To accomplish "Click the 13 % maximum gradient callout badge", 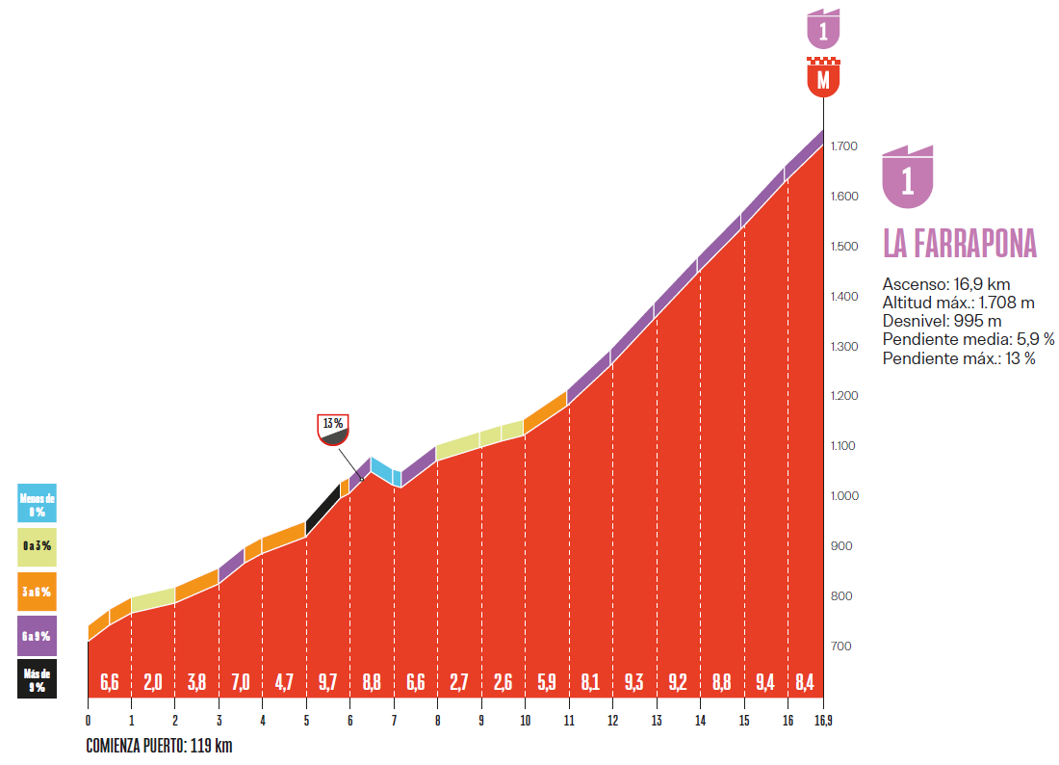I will click(333, 430).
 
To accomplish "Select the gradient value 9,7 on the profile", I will click(327, 683).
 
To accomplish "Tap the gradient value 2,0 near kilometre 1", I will click(152, 683).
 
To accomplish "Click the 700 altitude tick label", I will click(840, 646).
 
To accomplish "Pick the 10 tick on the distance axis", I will click(525, 720).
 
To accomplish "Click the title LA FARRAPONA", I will click(960, 244).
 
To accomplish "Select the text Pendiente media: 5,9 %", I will click(969, 339).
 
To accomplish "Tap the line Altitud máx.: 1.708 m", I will click(958, 303).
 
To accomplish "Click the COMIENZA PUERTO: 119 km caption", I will click(159, 746).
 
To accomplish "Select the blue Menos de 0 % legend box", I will click(37, 503).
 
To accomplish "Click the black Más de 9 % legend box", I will click(37, 679).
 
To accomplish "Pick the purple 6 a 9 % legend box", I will click(37, 635).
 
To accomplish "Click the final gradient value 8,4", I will click(805, 683).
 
